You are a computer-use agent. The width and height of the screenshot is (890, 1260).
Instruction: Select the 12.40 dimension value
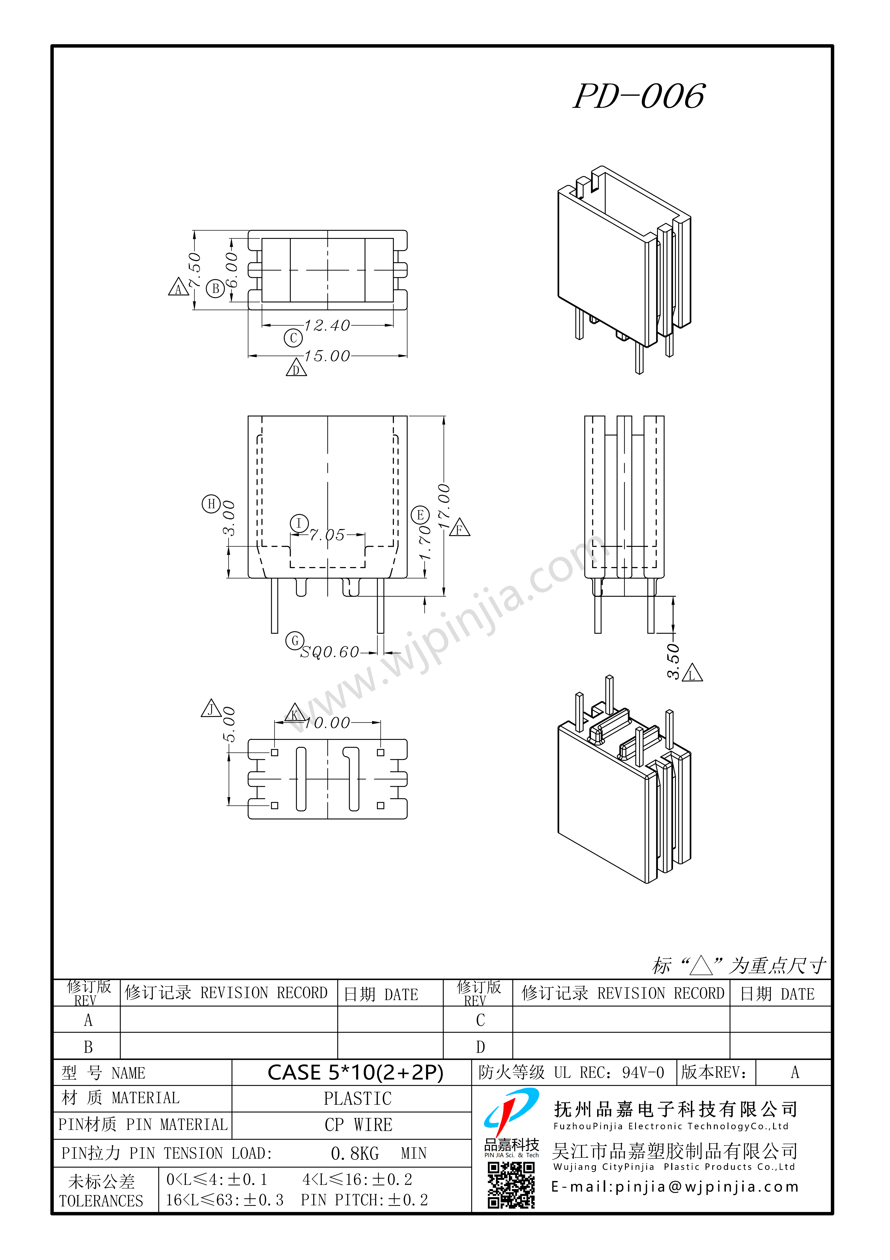tap(327, 325)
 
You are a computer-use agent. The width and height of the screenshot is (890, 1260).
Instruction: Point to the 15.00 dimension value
tap(327, 356)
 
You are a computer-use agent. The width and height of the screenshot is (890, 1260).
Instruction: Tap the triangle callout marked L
tap(692, 673)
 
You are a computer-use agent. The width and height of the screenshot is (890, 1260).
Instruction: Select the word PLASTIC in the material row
tap(358, 1099)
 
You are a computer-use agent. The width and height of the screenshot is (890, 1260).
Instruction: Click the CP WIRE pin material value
tap(358, 1125)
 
